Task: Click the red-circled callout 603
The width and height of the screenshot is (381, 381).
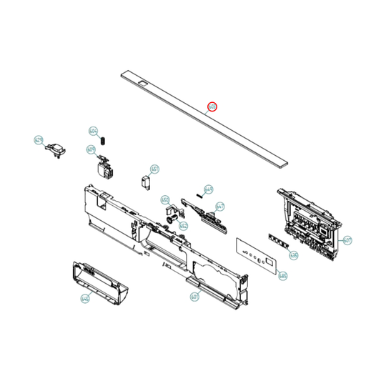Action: [x=212, y=107]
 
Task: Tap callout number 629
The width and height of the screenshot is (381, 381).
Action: [x=39, y=141]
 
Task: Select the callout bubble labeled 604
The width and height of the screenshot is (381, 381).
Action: [x=93, y=132]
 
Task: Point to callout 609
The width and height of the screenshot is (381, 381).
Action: [x=90, y=149]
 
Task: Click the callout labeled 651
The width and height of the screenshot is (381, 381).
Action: [x=154, y=169]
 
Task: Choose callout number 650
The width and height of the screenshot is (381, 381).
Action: [x=164, y=200]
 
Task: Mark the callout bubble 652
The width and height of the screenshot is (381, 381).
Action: [x=183, y=226]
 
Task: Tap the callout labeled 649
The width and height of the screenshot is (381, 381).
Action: [x=209, y=189]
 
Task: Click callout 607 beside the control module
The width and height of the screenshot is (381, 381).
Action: [x=347, y=240]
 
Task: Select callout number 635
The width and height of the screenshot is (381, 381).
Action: [x=293, y=254]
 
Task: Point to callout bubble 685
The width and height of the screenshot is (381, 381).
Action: [x=282, y=275]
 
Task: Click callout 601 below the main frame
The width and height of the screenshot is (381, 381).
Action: [x=194, y=297]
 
